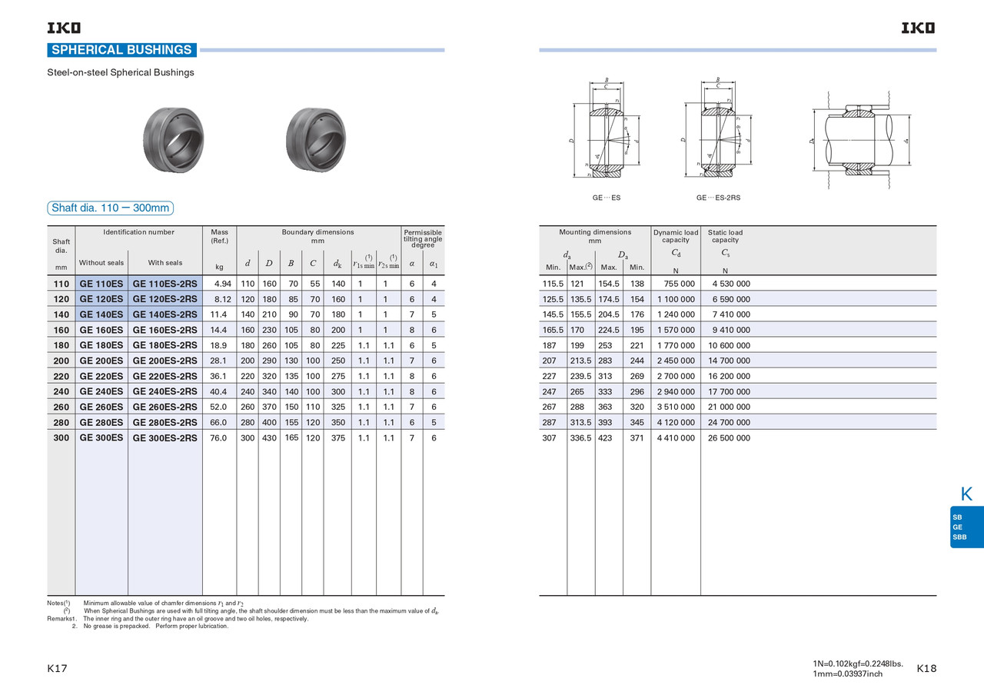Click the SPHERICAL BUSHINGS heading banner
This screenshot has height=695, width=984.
coord(121,50)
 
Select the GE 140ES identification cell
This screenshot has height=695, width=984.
coord(101,314)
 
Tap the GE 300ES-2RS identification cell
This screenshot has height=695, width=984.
coord(165,438)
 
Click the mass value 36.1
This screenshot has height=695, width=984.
coord(218,376)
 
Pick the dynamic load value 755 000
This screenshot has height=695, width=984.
coord(675,284)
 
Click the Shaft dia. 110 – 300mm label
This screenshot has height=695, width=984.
coord(110,208)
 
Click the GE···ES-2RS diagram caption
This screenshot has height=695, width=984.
coord(718,198)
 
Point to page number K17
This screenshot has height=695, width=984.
coord(58,669)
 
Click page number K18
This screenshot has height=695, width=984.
coord(926,669)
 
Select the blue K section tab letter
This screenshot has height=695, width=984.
coord(967,494)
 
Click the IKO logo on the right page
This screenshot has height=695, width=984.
coord(919,28)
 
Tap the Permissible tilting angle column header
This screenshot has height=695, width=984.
coord(422,238)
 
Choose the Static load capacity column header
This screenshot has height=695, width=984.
coord(725,236)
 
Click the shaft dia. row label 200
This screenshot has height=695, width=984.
coord(61,361)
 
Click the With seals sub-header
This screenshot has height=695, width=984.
coord(165,263)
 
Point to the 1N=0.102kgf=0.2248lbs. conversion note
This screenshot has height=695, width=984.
coord(857,663)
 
